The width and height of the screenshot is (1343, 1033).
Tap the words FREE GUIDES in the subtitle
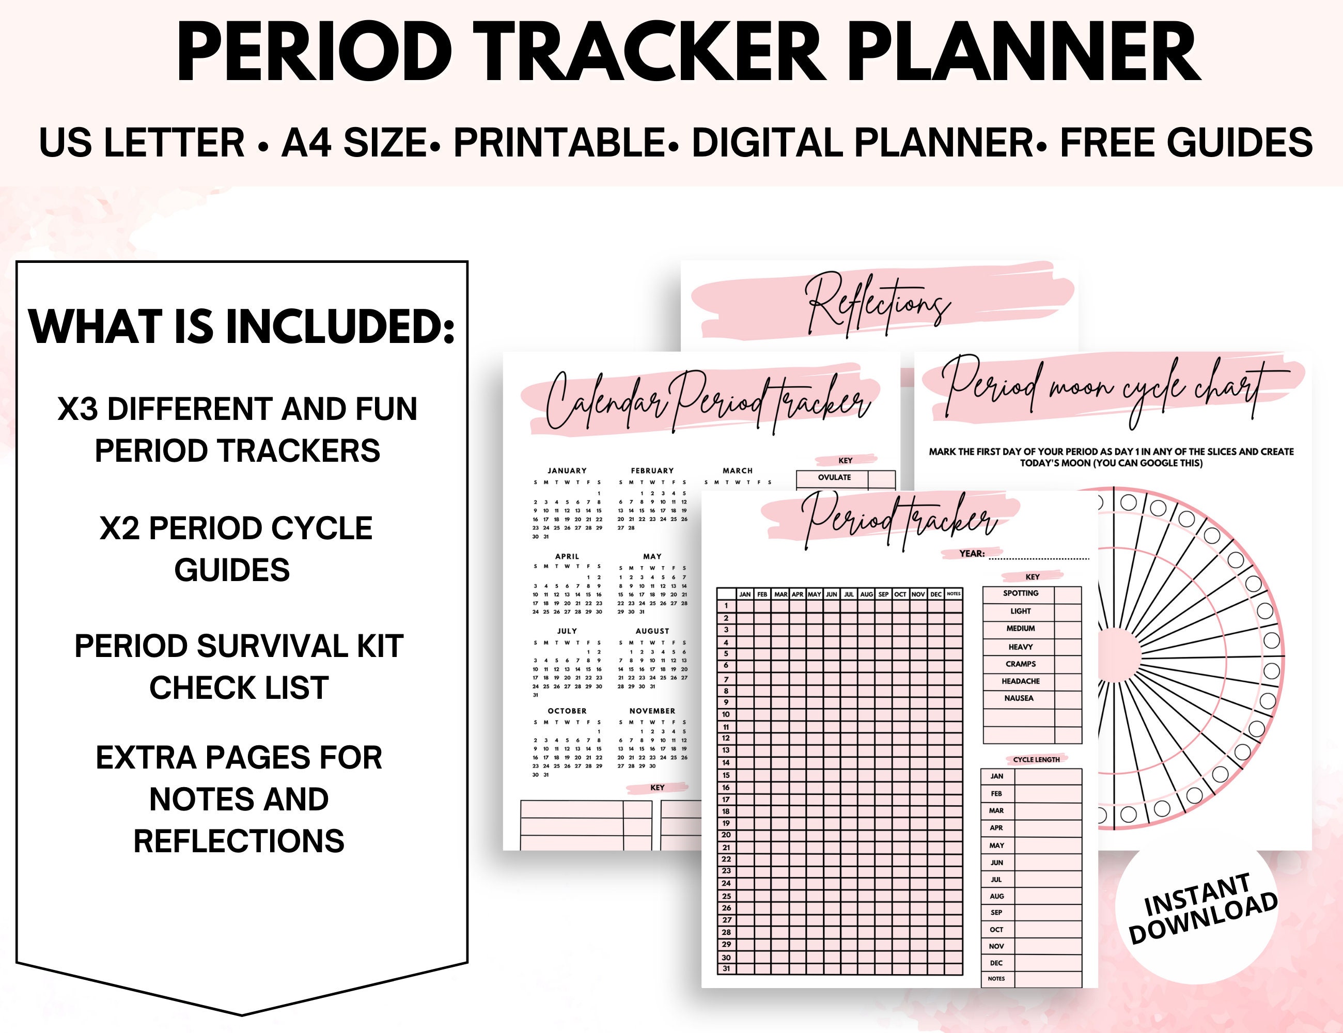click(x=1186, y=143)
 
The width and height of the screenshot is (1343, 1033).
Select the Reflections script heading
click(x=878, y=304)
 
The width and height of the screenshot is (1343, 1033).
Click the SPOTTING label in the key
click(x=1020, y=593)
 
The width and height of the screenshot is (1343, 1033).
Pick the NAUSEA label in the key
click(x=1019, y=698)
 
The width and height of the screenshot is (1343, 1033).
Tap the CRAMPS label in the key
click(x=1020, y=664)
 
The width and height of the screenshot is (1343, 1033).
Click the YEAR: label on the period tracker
click(x=972, y=553)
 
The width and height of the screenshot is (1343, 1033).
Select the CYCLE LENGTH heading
click(x=1036, y=759)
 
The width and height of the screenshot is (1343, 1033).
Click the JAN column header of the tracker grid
click(x=745, y=594)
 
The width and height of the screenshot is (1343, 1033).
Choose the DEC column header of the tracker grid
click(x=935, y=594)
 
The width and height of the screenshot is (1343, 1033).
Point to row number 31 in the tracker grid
click(x=726, y=969)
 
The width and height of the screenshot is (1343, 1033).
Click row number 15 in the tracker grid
click(x=726, y=775)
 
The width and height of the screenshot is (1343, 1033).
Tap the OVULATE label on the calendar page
click(x=834, y=477)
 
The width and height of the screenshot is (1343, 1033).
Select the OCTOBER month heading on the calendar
click(x=567, y=711)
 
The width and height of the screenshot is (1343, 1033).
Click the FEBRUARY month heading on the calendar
click(x=652, y=471)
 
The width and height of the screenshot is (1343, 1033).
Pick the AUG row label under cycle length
click(x=997, y=897)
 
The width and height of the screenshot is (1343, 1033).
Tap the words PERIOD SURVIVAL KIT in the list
click(x=239, y=646)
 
